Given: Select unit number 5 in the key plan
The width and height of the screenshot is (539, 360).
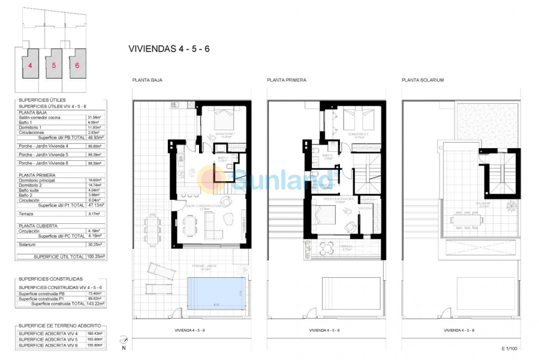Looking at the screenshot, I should click(x=53, y=65).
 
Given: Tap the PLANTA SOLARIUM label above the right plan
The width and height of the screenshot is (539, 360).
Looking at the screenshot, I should click(x=423, y=80).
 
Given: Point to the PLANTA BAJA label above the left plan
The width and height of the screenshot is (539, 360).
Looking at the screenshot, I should click(x=147, y=80).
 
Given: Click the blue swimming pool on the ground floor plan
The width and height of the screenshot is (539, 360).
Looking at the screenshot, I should click(x=216, y=296).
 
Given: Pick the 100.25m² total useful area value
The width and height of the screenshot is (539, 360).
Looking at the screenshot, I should click(x=95, y=256).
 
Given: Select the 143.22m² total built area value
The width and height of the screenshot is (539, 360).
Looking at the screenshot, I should click(x=95, y=304).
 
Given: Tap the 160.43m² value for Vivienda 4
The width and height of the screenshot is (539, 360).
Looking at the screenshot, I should click(x=95, y=333).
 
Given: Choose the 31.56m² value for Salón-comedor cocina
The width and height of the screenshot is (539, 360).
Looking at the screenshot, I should click(x=95, y=117).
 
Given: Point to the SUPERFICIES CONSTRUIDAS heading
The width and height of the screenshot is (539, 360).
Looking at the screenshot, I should click(x=51, y=279).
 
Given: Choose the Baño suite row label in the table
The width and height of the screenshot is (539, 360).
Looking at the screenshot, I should click(x=31, y=190).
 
